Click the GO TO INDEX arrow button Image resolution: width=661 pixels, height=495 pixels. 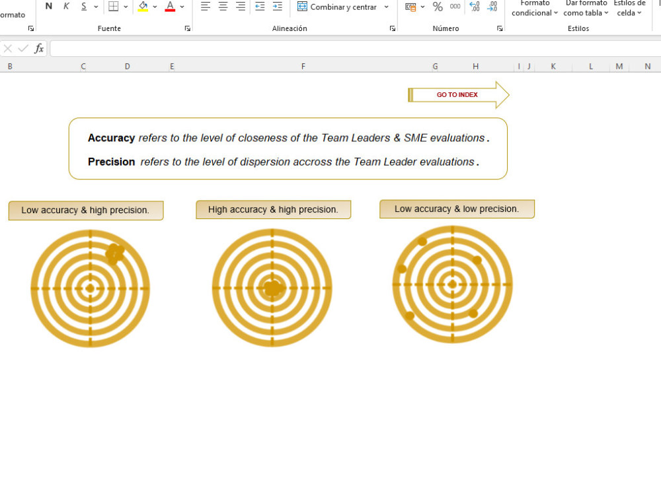tap(459, 94)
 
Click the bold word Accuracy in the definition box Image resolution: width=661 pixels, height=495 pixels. tap(111, 138)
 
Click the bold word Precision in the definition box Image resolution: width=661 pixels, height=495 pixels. tap(111, 162)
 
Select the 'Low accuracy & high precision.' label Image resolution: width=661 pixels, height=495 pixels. tap(85, 210)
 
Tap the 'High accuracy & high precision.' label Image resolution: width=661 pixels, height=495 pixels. tap(273, 210)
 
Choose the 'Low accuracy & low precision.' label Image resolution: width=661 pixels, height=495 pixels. tap(457, 209)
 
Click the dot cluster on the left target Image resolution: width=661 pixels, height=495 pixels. tap(114, 254)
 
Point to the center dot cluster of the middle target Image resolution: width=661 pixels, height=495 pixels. tap(274, 288)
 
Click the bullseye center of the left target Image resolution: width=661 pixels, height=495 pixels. tap(90, 288)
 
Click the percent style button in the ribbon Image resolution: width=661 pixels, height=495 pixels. tap(438, 7)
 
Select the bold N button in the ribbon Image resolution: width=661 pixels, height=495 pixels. tap(49, 7)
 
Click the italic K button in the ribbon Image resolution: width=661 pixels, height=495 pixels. tap(66, 7)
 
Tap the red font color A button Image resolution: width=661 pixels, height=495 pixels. tap(170, 7)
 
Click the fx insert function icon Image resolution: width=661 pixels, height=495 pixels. tap(39, 48)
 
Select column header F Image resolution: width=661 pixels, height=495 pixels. tap(303, 66)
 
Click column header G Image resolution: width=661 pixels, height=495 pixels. tap(435, 66)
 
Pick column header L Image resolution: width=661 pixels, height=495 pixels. tap(590, 66)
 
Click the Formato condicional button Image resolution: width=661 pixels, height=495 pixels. tap(535, 9)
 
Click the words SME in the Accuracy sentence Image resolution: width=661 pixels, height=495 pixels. tap(415, 138)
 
